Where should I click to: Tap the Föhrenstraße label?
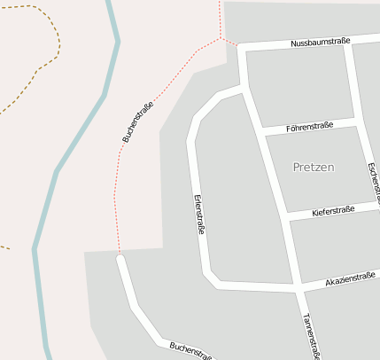310,127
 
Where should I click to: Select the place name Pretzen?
314,167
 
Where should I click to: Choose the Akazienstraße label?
351,280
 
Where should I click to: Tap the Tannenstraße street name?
310,336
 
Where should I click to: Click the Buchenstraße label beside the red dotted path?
138,122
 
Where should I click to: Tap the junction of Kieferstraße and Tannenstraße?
285,217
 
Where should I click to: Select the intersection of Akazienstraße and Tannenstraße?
298,288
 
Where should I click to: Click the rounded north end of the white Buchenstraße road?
120,259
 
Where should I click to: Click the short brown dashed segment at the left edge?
4,247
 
